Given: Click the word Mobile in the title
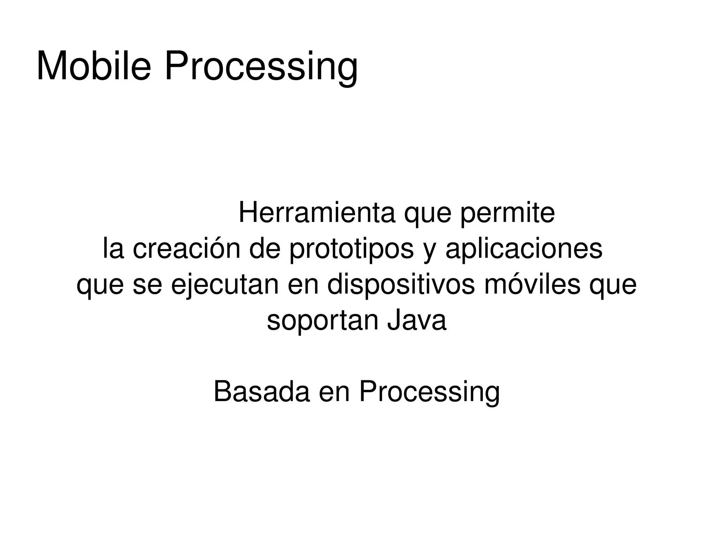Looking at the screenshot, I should point(93,66).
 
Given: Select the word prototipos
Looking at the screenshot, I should point(351,250).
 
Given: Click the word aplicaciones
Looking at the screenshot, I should point(524,250).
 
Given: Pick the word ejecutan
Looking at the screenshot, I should point(225,285).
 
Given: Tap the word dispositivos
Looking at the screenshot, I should point(401,285).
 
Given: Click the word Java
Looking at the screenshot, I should point(416,320).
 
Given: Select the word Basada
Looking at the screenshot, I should point(261,392).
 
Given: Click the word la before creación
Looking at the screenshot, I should point(113,249).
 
